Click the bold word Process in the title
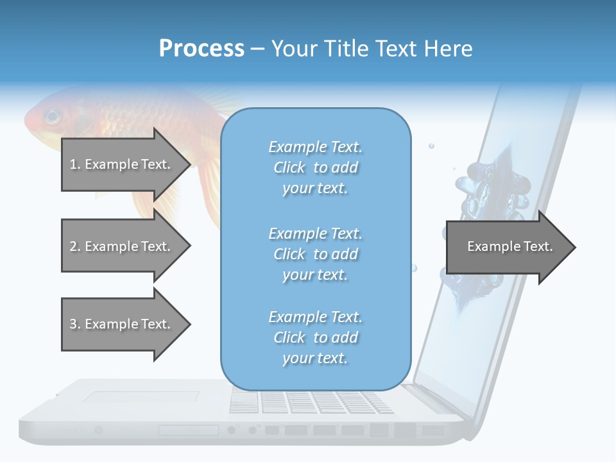point(201,49)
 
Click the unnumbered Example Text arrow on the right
point(509,247)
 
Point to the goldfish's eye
point(51,117)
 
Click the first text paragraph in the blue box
point(316,167)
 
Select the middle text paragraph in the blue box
point(316,254)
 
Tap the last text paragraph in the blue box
point(316,338)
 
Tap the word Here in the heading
point(447,49)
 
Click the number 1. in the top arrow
point(75,164)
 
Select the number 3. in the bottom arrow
point(75,324)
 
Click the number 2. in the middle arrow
point(75,246)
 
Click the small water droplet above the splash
point(431,146)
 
